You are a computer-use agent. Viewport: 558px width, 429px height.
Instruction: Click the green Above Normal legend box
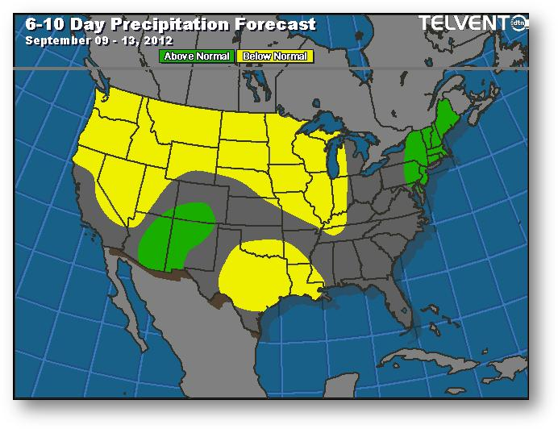[x=197, y=56]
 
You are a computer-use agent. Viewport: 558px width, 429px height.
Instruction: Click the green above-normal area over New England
[x=431, y=145]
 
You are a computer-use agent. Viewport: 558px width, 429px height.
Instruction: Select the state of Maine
[x=451, y=121]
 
